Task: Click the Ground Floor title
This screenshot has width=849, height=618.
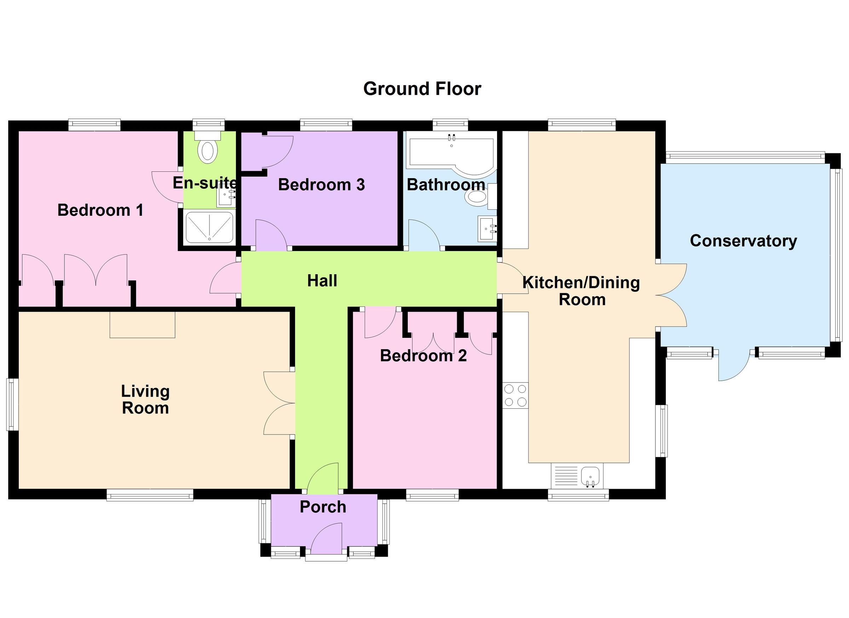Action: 422,89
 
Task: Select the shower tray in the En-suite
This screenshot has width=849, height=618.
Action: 209,227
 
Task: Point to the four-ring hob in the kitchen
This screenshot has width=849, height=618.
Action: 515,396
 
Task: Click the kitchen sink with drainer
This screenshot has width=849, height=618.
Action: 577,476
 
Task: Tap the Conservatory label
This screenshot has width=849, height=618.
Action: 743,241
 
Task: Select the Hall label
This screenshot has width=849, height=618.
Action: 322,281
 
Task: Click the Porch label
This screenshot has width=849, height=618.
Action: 323,507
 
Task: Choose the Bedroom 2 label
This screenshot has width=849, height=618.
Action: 423,356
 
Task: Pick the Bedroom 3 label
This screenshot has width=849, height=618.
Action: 321,185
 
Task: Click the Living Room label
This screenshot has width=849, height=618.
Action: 145,399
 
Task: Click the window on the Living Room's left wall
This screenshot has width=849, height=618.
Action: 12,404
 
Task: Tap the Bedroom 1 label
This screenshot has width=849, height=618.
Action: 100,210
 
